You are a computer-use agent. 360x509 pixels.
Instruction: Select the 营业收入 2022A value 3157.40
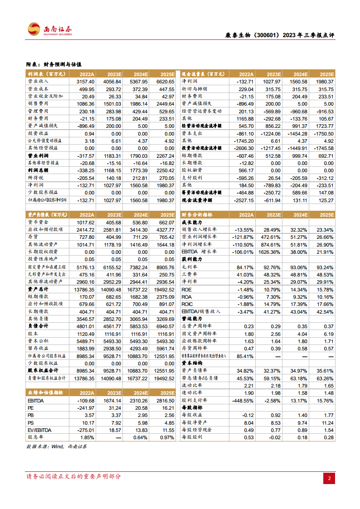(85, 82)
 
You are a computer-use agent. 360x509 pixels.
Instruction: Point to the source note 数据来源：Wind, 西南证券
(57, 446)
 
